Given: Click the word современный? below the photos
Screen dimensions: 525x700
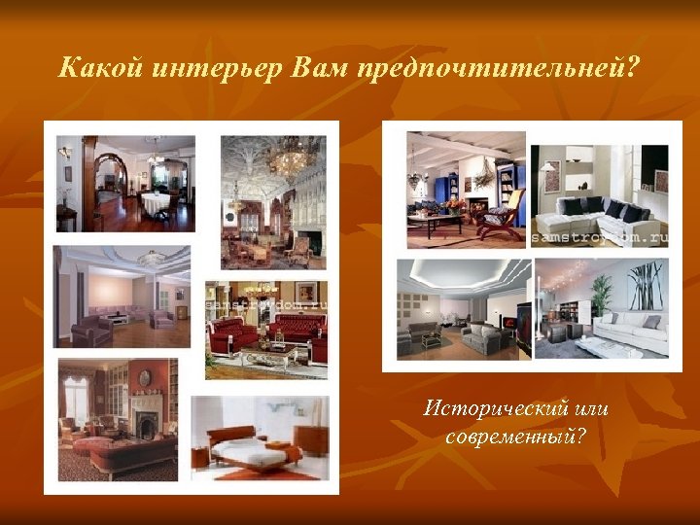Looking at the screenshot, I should (515, 437).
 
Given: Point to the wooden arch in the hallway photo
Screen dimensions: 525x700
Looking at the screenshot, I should (115, 175).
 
